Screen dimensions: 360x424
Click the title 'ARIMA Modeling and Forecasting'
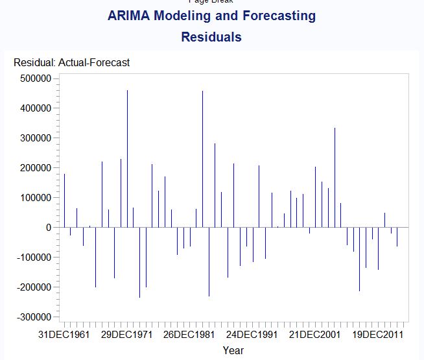(211, 16)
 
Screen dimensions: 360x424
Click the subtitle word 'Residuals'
(211, 37)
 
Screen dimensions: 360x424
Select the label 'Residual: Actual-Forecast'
(72, 63)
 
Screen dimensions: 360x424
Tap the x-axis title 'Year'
(233, 350)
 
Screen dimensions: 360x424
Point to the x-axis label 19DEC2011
(379, 335)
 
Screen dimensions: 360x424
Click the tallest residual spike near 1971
(127, 158)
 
